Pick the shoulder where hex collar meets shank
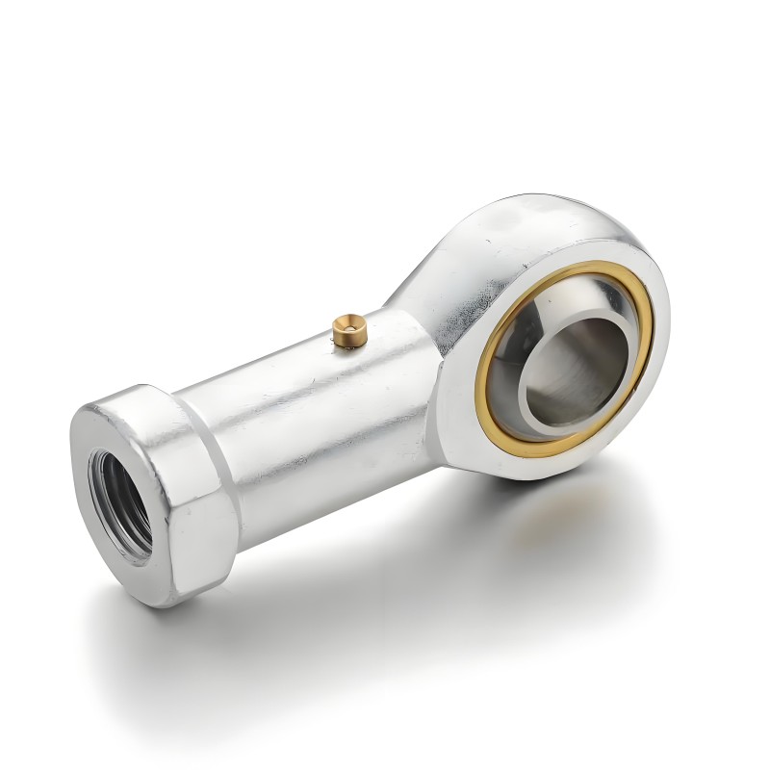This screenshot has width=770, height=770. coord(214,423)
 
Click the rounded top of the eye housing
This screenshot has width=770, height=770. coord(558,217)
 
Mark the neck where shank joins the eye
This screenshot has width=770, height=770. coord(423,318)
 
